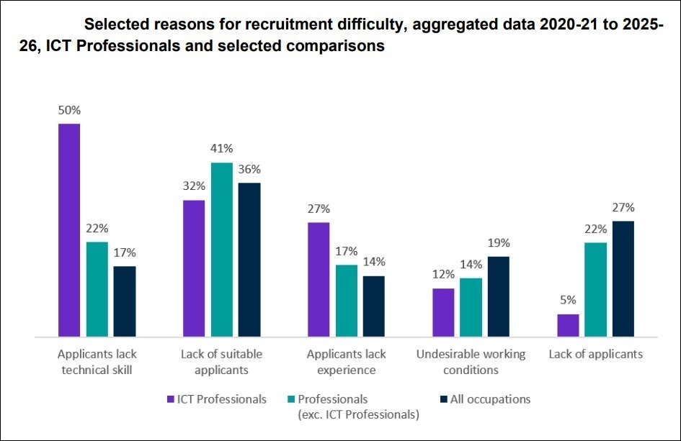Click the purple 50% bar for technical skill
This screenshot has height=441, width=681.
[x=69, y=230]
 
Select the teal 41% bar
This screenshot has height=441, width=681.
[x=222, y=250]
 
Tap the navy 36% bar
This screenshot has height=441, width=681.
[x=250, y=260]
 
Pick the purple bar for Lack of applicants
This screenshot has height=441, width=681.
[x=568, y=326]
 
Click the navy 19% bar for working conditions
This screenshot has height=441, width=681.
[x=499, y=296]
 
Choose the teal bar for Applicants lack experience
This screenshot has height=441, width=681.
[x=347, y=301]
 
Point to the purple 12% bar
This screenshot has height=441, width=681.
[x=443, y=313]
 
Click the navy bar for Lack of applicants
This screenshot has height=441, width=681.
[x=623, y=279]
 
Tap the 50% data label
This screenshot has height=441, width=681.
[x=69, y=111]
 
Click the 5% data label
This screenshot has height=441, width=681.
[x=568, y=300]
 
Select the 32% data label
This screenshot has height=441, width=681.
[x=194, y=186]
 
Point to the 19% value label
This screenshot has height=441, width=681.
[x=499, y=243]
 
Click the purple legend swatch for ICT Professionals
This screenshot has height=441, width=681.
[x=171, y=399]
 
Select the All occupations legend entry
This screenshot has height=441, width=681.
[x=486, y=399]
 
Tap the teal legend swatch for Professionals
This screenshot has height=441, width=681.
[x=291, y=399]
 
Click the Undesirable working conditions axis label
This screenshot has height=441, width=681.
[x=471, y=362]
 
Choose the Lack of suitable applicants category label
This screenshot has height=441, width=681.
[x=221, y=362]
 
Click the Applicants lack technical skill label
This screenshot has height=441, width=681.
[x=97, y=362]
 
